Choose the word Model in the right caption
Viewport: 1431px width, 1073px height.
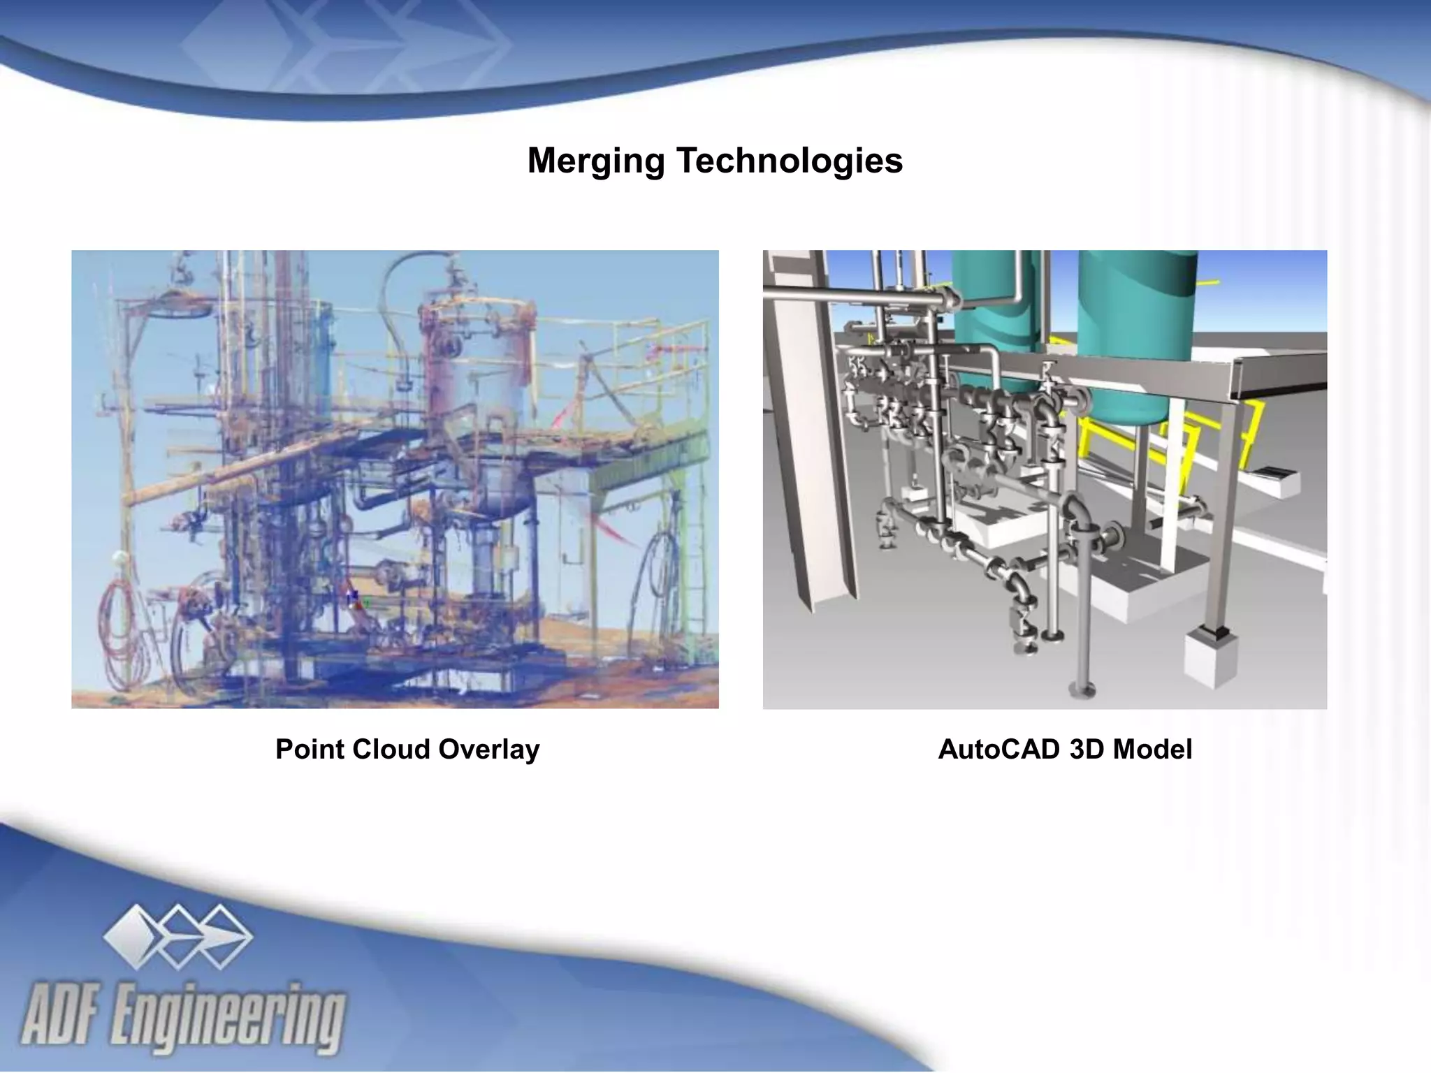click(x=1152, y=749)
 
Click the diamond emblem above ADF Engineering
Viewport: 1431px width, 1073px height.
click(x=178, y=936)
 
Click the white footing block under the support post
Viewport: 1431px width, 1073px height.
click(x=1211, y=657)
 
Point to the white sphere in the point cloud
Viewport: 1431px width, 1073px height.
click(x=119, y=557)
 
